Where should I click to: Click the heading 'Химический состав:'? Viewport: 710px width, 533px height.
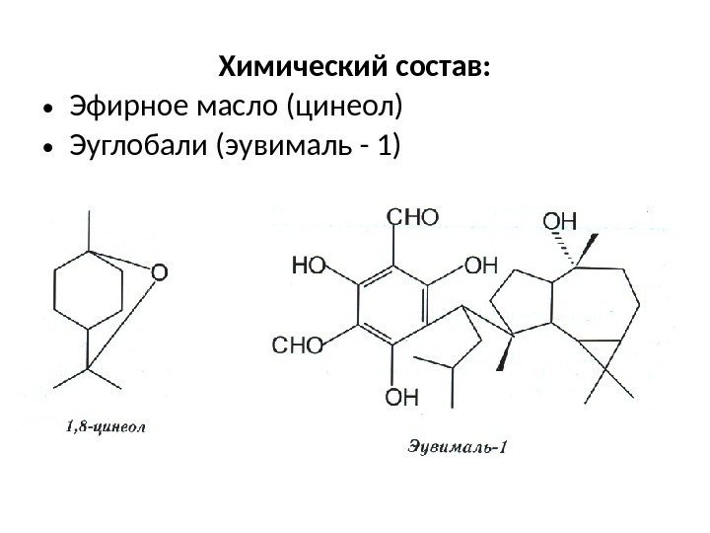click(x=355, y=68)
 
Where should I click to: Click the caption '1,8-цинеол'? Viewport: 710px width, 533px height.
click(x=106, y=427)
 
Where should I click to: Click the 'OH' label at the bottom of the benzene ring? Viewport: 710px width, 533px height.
click(x=401, y=398)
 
